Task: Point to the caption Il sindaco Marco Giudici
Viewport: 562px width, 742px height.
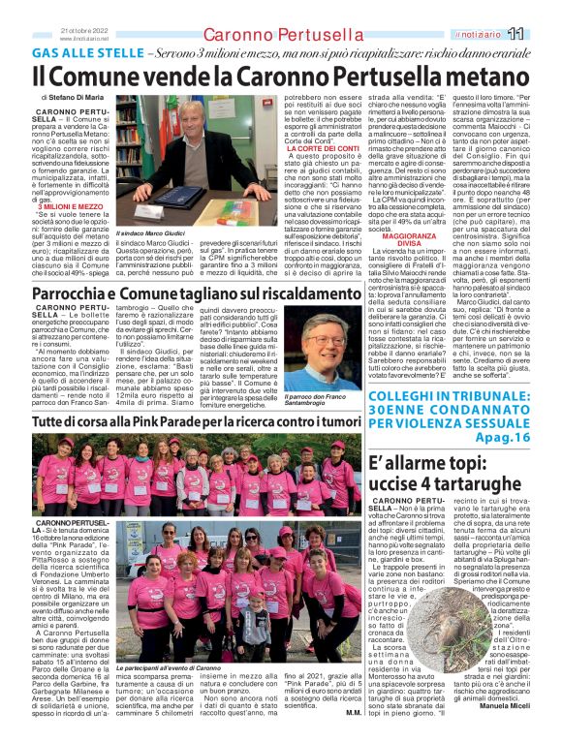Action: pos(153,235)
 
